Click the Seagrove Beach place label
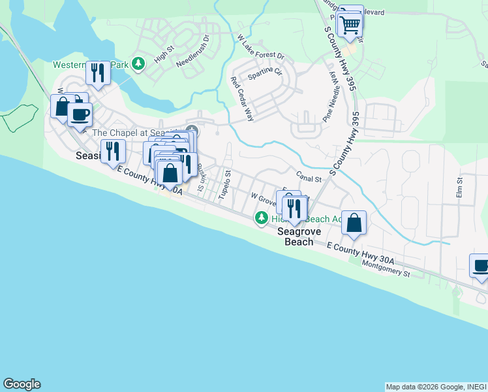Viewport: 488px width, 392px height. [296, 237]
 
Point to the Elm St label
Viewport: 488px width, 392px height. [459, 188]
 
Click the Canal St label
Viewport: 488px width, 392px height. [309, 177]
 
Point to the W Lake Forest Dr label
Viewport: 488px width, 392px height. [262, 48]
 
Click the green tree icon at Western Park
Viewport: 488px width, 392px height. [138, 63]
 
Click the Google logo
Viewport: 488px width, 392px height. [22, 384]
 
